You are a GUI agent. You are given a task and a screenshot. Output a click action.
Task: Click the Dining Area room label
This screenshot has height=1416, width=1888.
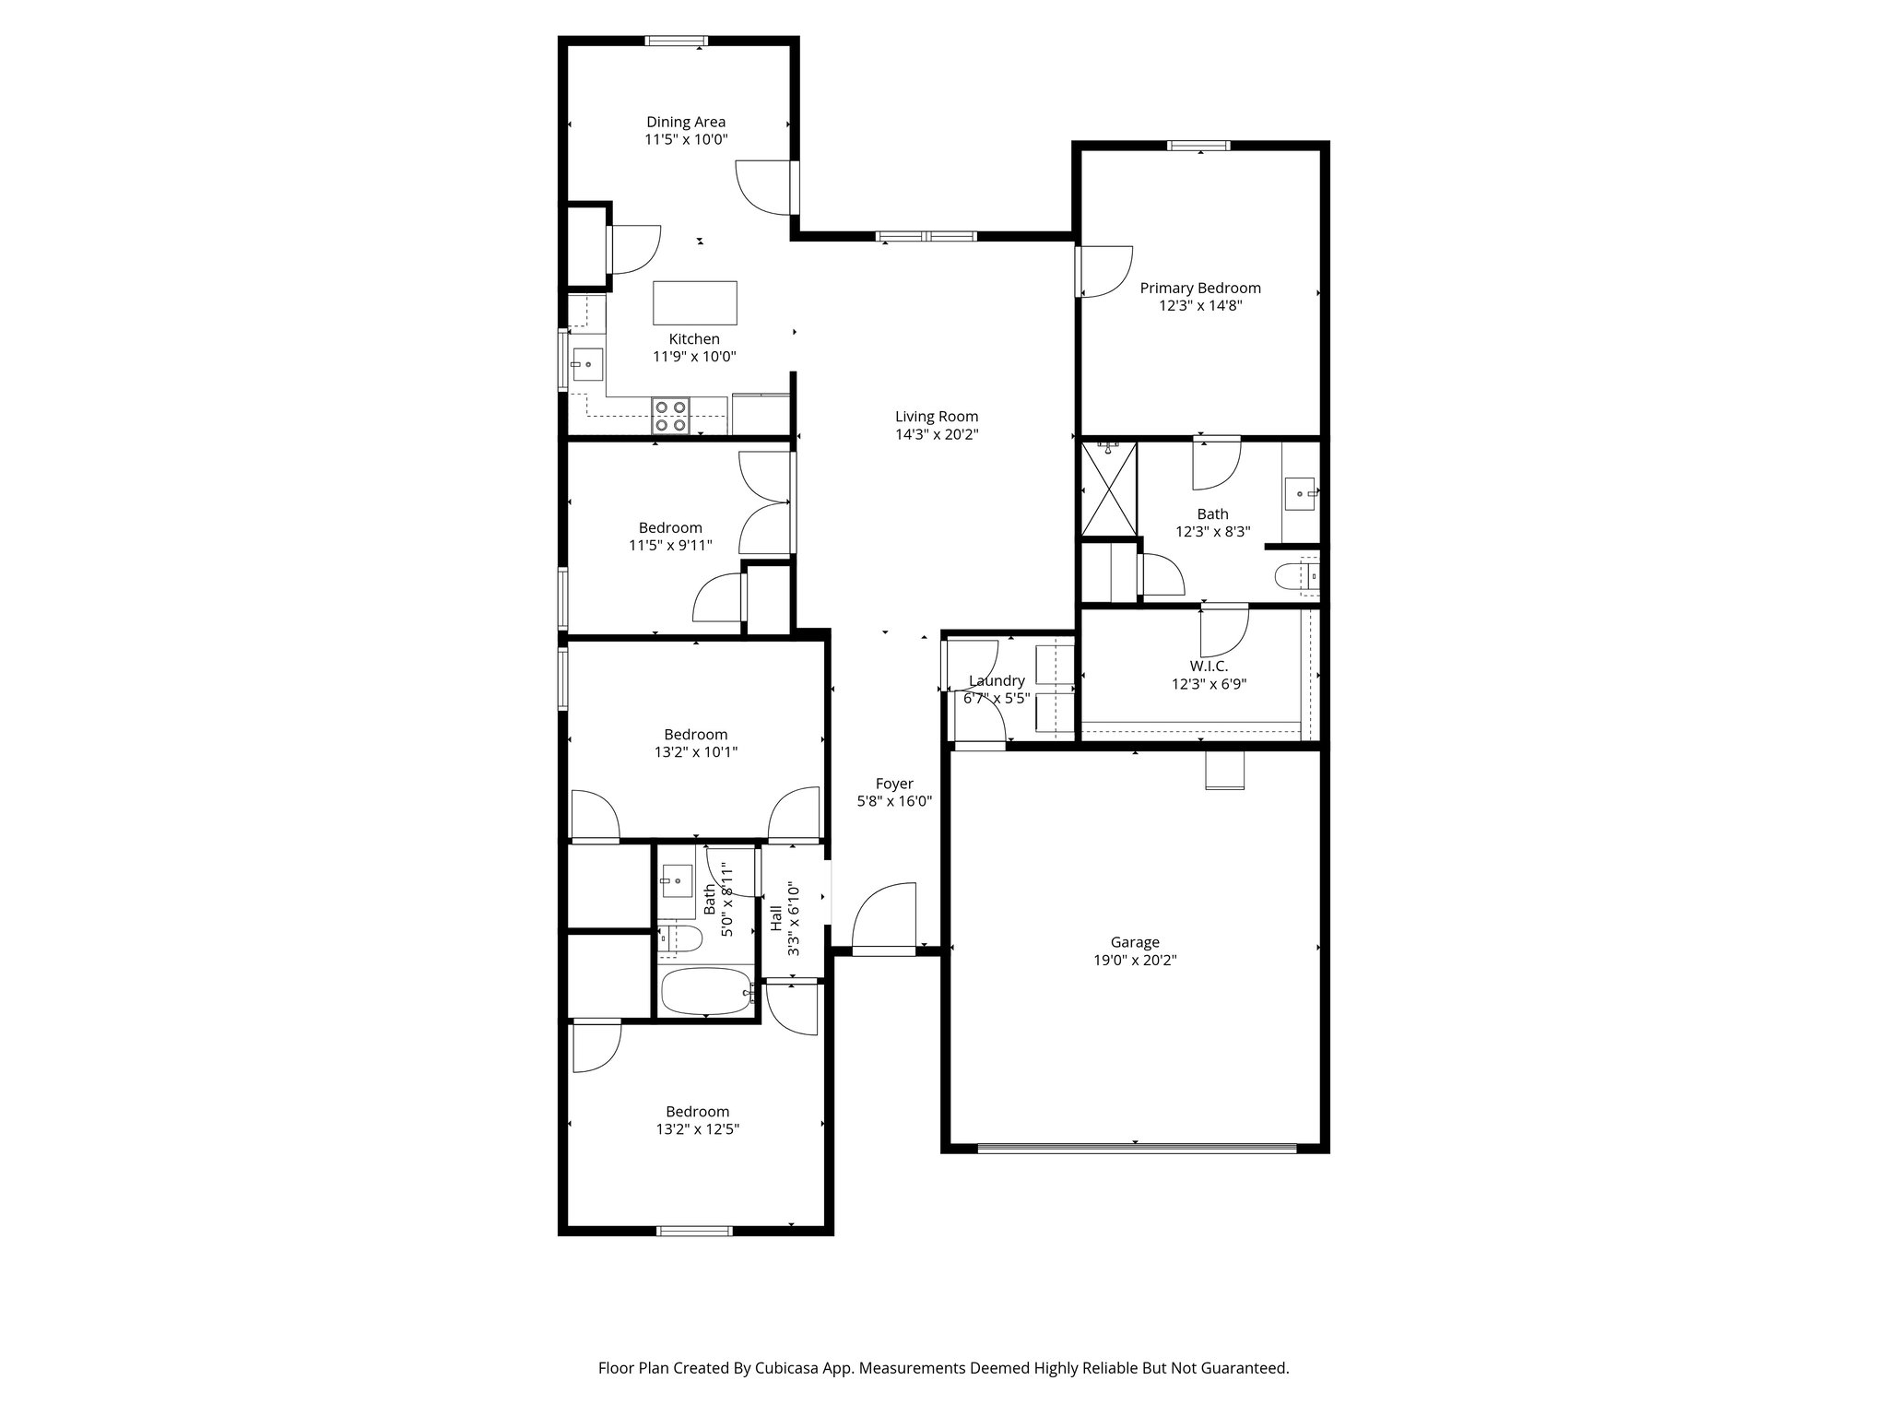685,122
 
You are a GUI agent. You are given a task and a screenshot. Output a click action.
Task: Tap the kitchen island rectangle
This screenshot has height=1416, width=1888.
695,303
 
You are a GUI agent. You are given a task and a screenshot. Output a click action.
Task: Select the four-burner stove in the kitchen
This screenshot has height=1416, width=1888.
670,416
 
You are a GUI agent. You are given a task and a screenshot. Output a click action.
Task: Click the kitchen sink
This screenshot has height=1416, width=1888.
586,364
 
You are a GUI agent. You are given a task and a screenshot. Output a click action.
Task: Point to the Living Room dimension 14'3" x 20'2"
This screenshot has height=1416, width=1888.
937,434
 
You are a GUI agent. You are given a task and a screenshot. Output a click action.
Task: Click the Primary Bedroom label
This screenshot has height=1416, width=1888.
1200,288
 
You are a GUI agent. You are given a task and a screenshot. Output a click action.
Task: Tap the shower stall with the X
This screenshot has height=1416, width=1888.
1109,489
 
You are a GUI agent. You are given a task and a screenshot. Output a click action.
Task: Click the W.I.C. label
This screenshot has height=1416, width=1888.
1208,666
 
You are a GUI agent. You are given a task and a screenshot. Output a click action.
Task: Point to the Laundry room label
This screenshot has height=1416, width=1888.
997,681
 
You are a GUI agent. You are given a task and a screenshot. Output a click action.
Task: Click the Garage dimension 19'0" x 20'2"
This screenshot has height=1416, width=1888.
1134,960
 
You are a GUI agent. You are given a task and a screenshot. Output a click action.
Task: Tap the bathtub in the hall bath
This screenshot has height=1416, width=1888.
706,991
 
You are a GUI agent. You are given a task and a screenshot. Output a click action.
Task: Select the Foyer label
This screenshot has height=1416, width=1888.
894,784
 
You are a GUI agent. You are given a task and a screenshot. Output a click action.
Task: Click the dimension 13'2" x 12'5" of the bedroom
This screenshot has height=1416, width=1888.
697,1129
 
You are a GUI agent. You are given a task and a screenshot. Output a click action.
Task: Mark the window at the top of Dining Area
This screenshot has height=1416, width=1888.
676,41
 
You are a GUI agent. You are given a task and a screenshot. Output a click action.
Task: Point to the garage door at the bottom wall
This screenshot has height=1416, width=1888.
1136,1148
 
